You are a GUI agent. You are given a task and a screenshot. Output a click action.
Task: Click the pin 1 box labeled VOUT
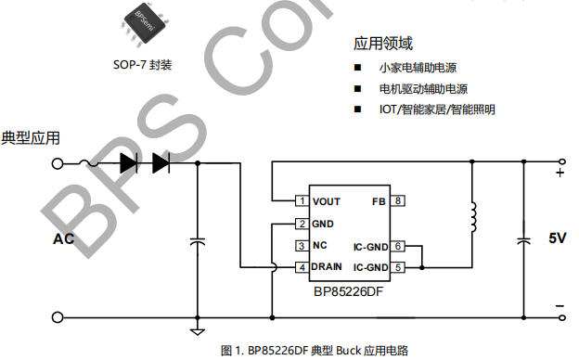pyautogui.click(x=302, y=200)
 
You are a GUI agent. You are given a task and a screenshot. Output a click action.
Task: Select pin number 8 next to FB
pyautogui.click(x=398, y=200)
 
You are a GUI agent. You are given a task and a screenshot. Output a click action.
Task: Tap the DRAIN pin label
pyautogui.click(x=327, y=266)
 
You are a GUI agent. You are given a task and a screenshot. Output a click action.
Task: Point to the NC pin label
pyautogui.click(x=320, y=245)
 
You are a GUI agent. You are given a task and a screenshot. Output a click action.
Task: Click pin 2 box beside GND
pyautogui.click(x=302, y=224)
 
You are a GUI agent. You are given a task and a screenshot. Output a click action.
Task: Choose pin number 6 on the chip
pyautogui.click(x=398, y=246)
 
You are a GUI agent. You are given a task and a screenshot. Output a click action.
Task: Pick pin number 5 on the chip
pyautogui.click(x=398, y=267)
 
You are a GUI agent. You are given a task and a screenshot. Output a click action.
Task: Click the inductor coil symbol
pyautogui.click(x=473, y=217)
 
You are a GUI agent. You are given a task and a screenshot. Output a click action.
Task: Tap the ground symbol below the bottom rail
pyautogui.click(x=198, y=331)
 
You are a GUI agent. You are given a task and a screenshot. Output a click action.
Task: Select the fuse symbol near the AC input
pyautogui.click(x=89, y=162)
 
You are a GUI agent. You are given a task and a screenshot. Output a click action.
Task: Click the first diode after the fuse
pyautogui.click(x=129, y=163)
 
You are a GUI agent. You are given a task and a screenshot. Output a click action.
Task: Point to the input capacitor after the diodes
pyautogui.click(x=198, y=242)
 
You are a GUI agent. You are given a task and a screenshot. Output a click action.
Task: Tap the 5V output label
pyautogui.click(x=557, y=238)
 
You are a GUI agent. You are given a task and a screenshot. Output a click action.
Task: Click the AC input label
pyautogui.click(x=63, y=238)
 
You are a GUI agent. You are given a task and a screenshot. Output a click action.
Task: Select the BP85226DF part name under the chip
pyautogui.click(x=348, y=291)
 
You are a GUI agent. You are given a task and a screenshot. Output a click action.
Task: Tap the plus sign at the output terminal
pyautogui.click(x=560, y=173)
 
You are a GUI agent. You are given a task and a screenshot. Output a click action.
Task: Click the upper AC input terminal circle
pyautogui.click(x=58, y=163)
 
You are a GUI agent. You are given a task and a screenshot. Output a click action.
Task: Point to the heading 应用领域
pyautogui.click(x=383, y=44)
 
